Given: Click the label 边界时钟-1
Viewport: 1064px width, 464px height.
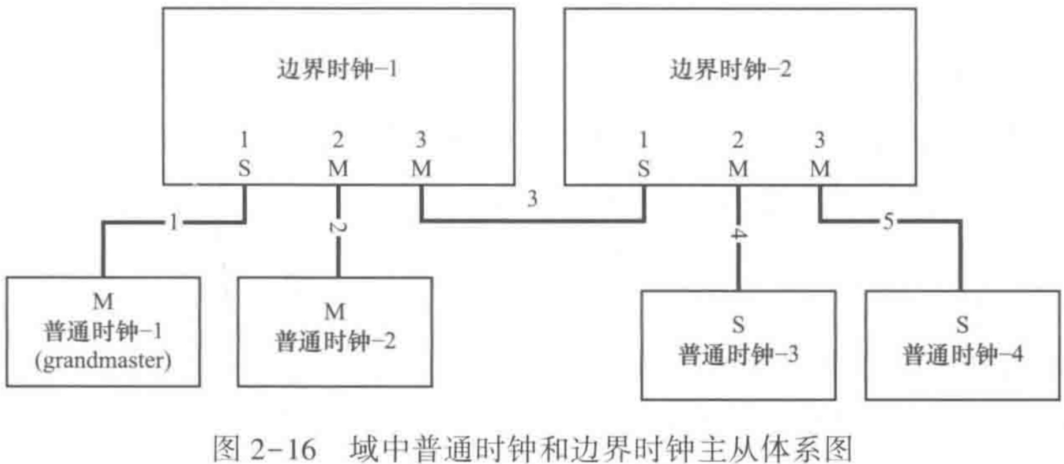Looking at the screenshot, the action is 337,70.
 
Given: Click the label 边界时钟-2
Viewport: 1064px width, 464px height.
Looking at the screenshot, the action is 730,70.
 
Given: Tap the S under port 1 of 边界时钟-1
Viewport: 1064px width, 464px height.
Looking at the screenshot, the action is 245,168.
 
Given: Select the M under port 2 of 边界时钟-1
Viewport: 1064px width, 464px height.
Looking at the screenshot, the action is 338,168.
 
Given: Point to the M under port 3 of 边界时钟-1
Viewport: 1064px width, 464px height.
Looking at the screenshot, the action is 421,168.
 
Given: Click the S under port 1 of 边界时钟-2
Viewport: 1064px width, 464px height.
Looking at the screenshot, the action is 644,168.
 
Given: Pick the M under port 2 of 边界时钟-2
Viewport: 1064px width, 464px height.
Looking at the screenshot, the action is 738,168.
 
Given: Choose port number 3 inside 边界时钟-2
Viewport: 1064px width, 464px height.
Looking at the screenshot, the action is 819,139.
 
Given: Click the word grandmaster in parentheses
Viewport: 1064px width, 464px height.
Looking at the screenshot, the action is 103,361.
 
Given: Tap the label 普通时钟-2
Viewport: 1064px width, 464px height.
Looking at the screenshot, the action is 335,341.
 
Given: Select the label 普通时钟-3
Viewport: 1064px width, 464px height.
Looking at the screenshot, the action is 738,354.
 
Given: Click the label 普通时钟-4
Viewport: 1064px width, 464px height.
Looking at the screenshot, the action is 963,354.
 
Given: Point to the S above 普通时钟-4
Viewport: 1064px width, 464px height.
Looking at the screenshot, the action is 962,325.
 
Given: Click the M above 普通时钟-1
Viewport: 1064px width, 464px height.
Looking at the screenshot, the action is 103,301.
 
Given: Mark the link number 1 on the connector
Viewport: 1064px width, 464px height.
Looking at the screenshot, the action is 174,222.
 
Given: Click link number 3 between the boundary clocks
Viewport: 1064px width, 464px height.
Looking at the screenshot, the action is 532,199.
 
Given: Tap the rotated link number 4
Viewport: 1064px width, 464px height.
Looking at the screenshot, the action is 738,235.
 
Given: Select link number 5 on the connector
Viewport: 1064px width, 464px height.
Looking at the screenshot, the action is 888,221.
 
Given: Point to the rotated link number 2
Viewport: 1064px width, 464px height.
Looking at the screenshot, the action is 338,226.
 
